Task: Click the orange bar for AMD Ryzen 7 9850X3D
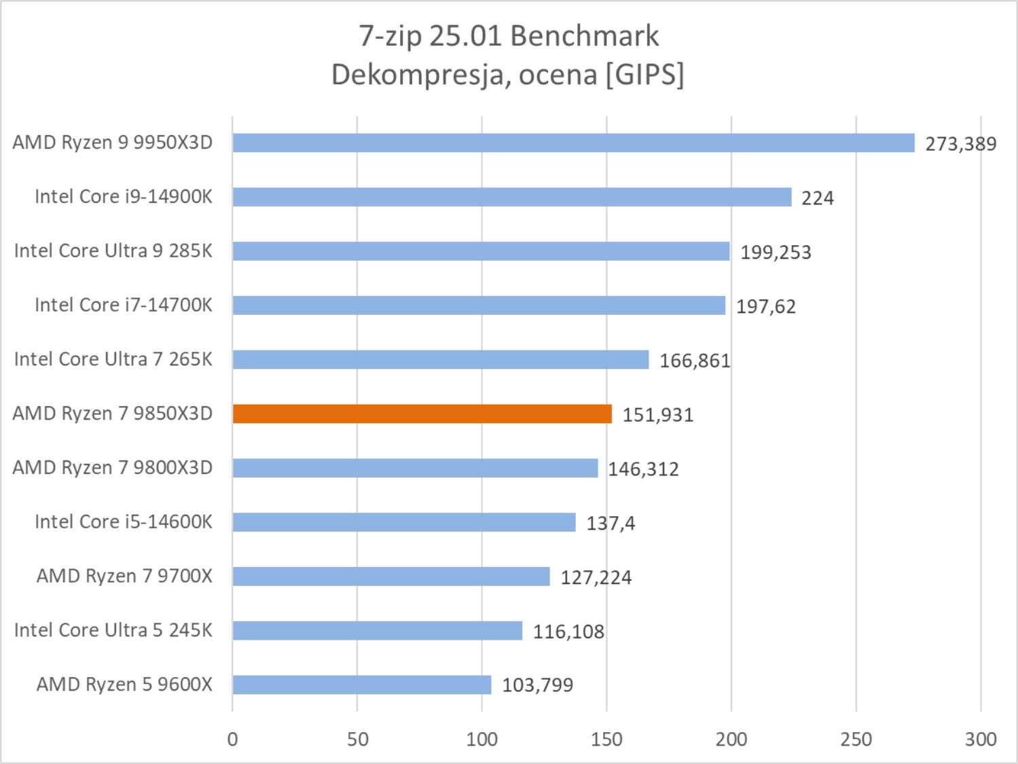point(422,414)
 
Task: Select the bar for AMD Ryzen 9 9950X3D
point(573,143)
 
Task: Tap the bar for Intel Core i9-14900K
point(511,197)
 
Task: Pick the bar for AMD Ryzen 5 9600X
point(361,685)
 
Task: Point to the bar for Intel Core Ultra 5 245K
point(377,630)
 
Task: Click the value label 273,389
point(960,144)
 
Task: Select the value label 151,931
point(657,415)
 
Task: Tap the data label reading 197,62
point(765,306)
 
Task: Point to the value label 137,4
point(610,523)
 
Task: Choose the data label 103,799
point(537,685)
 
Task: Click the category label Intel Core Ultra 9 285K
point(113,251)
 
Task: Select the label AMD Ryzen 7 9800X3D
point(112,468)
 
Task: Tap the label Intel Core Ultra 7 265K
point(113,359)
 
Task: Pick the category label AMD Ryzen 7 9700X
point(124,576)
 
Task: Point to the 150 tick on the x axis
point(606,739)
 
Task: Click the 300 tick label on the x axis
point(981,739)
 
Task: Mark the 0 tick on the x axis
point(232,739)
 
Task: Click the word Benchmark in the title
point(584,37)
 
